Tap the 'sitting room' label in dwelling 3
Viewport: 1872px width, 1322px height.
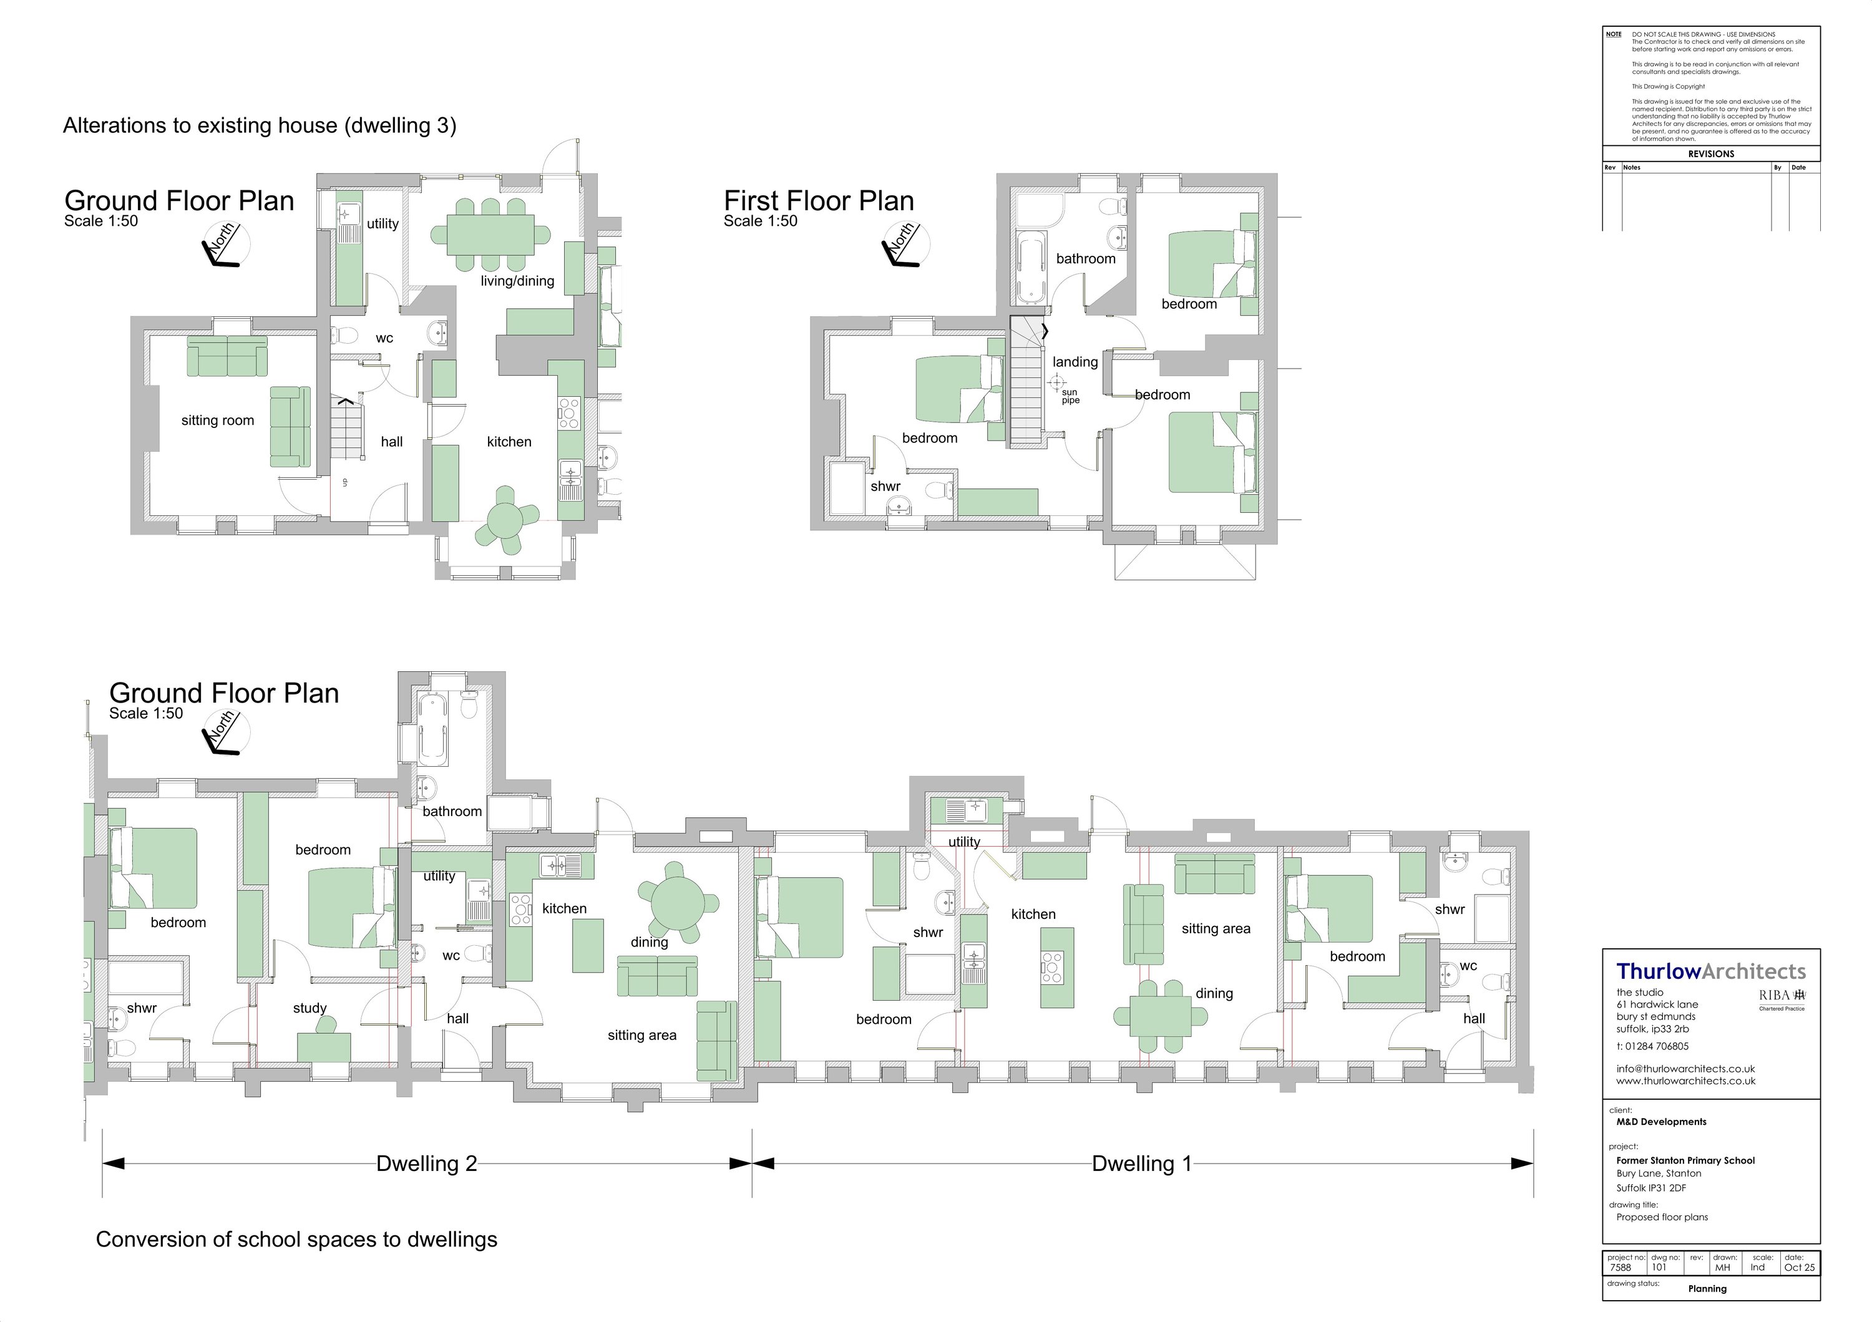(218, 420)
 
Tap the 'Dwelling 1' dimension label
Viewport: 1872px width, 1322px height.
(1141, 1164)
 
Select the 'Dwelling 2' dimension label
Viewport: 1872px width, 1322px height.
(426, 1164)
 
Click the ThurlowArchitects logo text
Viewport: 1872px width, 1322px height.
(1710, 971)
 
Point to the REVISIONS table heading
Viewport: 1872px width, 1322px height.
(1710, 154)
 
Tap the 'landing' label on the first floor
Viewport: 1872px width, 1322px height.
(1075, 362)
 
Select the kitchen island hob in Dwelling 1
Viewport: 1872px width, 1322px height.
(1052, 966)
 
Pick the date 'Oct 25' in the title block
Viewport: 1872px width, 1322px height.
(1800, 1267)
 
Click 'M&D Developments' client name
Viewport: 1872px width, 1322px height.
(1661, 1122)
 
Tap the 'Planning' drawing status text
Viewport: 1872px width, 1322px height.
(1707, 1288)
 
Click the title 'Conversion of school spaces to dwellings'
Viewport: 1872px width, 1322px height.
(296, 1240)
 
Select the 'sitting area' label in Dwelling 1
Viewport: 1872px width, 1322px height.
(1216, 929)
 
